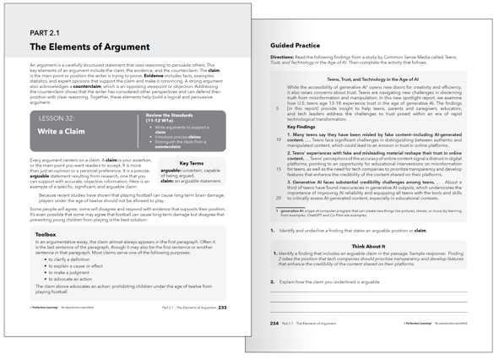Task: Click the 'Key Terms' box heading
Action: (191, 164)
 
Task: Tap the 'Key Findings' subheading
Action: (302, 127)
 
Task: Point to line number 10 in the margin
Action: (279, 139)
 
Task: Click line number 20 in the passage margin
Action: (279, 199)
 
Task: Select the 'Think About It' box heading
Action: (368, 247)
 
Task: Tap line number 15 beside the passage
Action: (279, 169)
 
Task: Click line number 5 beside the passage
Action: (278, 109)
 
